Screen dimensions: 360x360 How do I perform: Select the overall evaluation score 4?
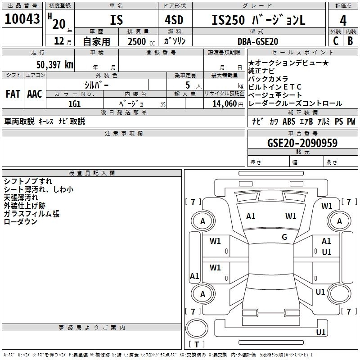tap(343, 20)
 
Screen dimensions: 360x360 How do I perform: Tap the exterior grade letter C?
tap(335, 40)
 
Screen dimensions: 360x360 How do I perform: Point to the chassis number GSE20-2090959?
tap(302, 143)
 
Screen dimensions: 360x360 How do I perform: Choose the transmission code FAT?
tap(13, 94)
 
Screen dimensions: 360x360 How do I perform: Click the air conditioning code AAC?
tap(35, 94)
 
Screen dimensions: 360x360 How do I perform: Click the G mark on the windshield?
tap(284, 237)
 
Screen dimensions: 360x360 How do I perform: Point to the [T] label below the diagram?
tap(196, 344)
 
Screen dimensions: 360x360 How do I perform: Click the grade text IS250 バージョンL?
tap(258, 20)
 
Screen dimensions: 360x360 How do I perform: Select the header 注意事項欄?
tap(123, 134)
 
